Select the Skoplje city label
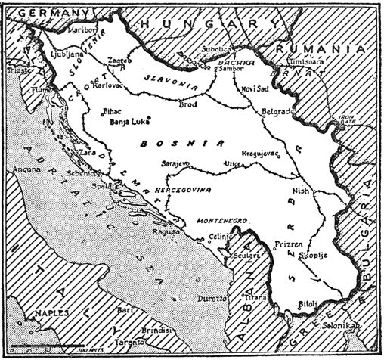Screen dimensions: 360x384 click(x=293, y=257)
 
